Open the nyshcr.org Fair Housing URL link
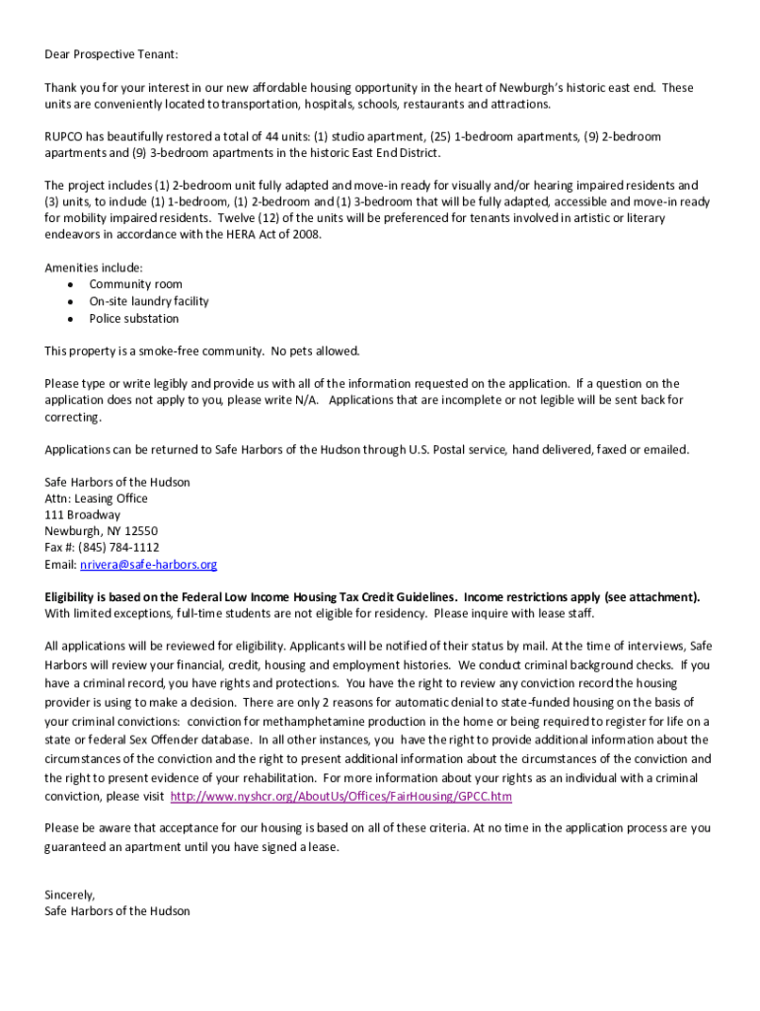click(x=342, y=796)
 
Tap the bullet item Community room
click(x=135, y=284)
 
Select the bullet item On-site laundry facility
click(x=148, y=301)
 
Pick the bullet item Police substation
click(x=134, y=319)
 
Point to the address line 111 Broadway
click(x=83, y=514)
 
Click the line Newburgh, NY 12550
click(x=101, y=531)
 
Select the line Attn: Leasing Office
click(x=96, y=499)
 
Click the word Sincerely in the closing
click(x=69, y=894)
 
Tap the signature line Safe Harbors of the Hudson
click(x=117, y=911)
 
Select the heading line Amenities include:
click(x=94, y=268)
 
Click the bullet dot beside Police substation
click(x=70, y=320)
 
